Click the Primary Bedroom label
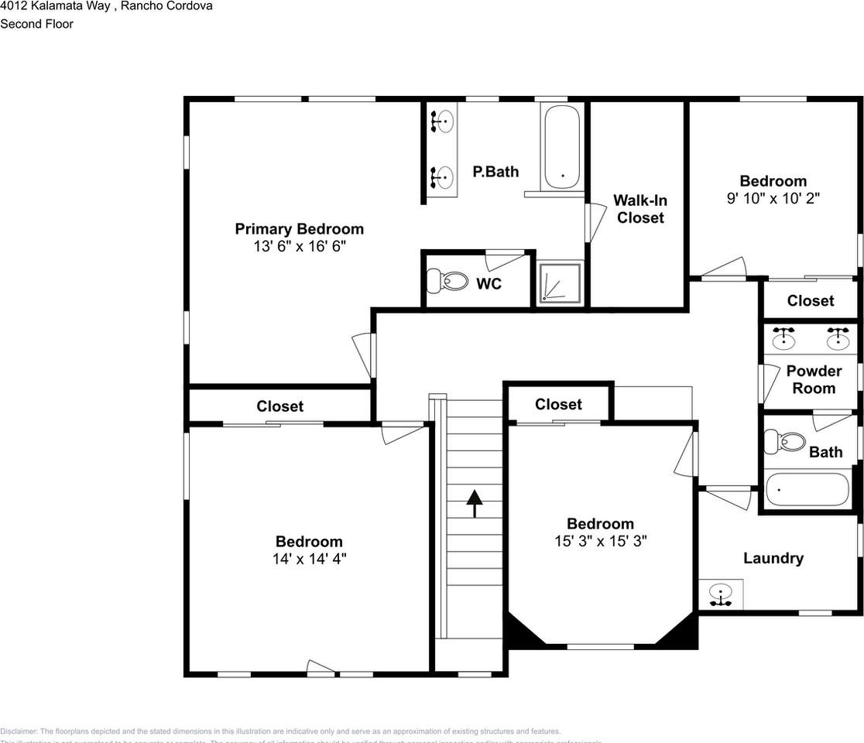click(299, 229)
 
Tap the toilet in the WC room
click(448, 280)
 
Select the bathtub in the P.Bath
click(561, 147)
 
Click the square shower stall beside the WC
click(560, 282)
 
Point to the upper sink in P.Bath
click(441, 122)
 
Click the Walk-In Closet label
click(640, 209)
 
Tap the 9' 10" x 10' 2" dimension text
click(773, 198)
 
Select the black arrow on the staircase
click(473, 502)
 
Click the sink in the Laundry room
click(721, 595)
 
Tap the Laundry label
click(773, 558)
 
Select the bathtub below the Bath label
click(807, 489)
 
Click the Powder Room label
click(814, 379)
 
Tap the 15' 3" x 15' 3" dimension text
click(600, 541)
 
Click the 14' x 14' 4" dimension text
click(309, 559)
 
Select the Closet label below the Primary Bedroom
click(279, 406)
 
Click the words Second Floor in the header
click(36, 24)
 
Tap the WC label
click(489, 284)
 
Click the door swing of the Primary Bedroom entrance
click(362, 356)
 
